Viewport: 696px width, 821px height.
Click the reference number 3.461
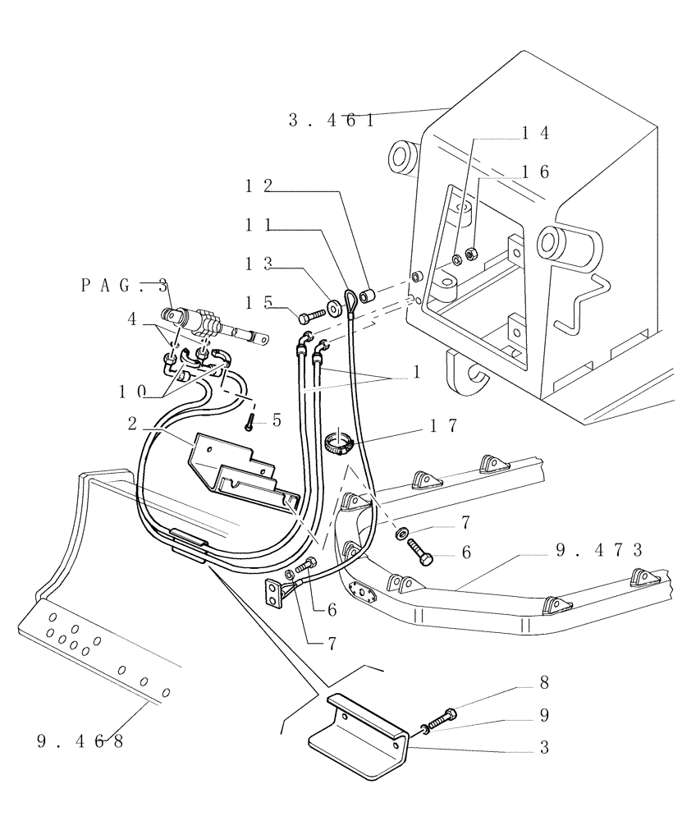coord(331,121)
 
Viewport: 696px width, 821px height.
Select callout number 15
coord(259,302)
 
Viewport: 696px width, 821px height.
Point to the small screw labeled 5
coord(248,424)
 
